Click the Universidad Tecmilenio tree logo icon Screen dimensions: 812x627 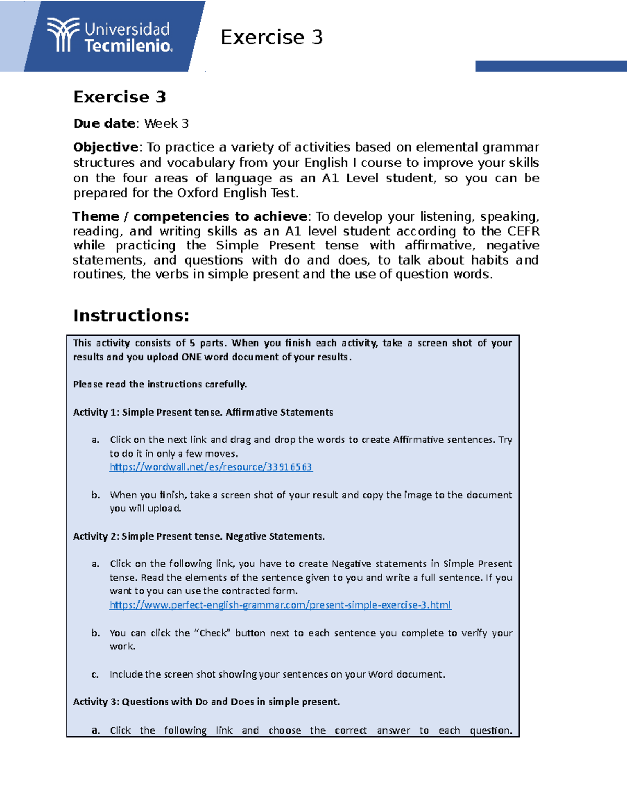[63, 35]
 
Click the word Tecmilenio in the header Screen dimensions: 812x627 [128, 46]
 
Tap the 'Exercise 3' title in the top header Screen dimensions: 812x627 [271, 38]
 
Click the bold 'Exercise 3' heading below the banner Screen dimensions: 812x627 [120, 97]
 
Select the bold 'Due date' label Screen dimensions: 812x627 [104, 123]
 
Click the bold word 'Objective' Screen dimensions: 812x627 [106, 147]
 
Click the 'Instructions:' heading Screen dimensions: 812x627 [131, 315]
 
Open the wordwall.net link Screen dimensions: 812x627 [211, 467]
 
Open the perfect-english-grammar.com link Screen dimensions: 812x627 [280, 605]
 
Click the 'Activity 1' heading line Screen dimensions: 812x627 [203, 412]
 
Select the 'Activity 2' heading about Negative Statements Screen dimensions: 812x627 [199, 536]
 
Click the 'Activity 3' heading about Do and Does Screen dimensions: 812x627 [206, 702]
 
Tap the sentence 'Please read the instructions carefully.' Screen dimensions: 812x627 [159, 384]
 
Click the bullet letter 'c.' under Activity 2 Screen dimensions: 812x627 [95, 674]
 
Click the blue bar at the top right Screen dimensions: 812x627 [551, 66]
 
